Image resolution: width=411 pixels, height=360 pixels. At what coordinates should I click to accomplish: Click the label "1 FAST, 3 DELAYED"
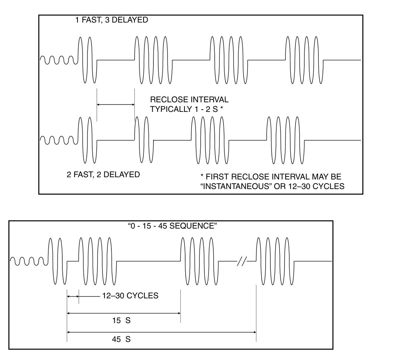111,20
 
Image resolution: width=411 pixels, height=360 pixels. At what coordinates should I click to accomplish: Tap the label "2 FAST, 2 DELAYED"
103,175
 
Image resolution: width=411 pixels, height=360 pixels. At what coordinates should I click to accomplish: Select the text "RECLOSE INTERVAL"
189,100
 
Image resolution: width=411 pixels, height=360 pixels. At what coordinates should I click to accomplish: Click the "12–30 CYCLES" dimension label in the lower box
129,296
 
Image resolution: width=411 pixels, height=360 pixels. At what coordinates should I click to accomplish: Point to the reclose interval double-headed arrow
115,105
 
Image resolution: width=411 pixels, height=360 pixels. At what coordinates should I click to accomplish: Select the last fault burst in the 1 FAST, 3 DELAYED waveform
305,60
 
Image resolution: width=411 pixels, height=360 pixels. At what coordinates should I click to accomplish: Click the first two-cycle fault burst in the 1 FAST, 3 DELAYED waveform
87,60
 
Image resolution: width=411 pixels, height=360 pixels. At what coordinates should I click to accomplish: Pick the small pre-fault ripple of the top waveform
58,59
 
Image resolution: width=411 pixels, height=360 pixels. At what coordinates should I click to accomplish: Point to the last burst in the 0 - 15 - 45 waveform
275,261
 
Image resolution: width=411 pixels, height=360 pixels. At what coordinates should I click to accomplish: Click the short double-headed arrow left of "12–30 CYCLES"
73,296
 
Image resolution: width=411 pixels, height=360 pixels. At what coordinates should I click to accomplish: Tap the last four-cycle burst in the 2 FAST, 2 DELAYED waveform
285,140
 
